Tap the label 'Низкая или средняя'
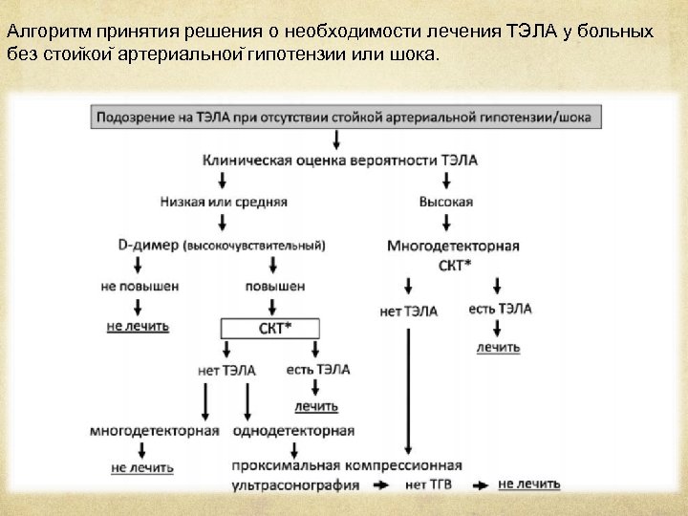coord(221,202)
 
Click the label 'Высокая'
coord(445,202)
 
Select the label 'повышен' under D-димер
coord(275,286)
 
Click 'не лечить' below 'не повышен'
coord(138,326)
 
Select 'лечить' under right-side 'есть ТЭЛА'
coord(499,347)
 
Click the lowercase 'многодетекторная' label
coord(155,431)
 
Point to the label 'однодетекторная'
coord(292,431)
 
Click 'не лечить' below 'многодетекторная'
coord(142,468)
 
